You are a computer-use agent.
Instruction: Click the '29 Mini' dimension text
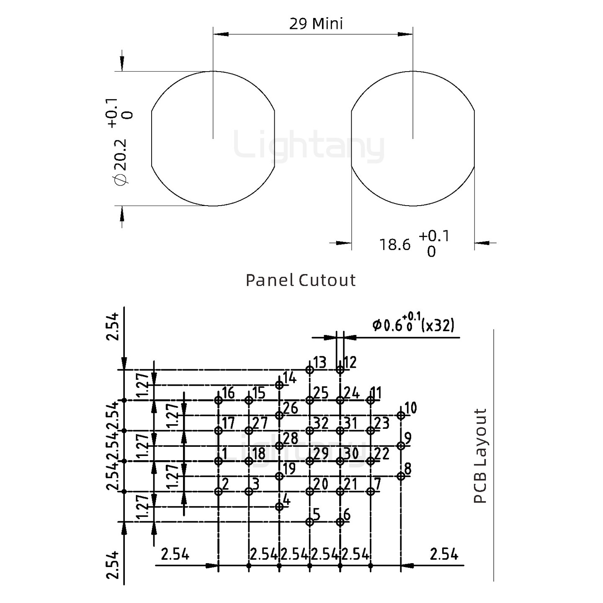pyautogui.click(x=316, y=24)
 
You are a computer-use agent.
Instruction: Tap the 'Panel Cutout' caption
pyautogui.click(x=300, y=280)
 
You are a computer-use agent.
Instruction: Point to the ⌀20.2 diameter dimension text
pyautogui.click(x=120, y=161)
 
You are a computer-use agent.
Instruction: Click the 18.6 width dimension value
pyautogui.click(x=395, y=245)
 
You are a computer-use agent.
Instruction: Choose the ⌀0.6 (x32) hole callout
pyautogui.click(x=413, y=325)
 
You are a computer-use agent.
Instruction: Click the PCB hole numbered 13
pyautogui.click(x=309, y=370)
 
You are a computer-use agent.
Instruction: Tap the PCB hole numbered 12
pyautogui.click(x=340, y=370)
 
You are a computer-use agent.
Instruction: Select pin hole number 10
pyautogui.click(x=401, y=415)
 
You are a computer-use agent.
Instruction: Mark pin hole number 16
pyautogui.click(x=218, y=400)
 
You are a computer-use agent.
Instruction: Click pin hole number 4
pyautogui.click(x=279, y=507)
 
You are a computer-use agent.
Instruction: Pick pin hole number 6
pyautogui.click(x=340, y=522)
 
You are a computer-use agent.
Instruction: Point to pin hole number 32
pyautogui.click(x=309, y=430)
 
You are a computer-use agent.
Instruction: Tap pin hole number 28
pyautogui.click(x=279, y=446)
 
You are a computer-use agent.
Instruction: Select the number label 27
pyautogui.click(x=260, y=423)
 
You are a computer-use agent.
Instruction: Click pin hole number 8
pyautogui.click(x=401, y=476)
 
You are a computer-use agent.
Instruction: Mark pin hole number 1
pyautogui.click(x=218, y=461)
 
